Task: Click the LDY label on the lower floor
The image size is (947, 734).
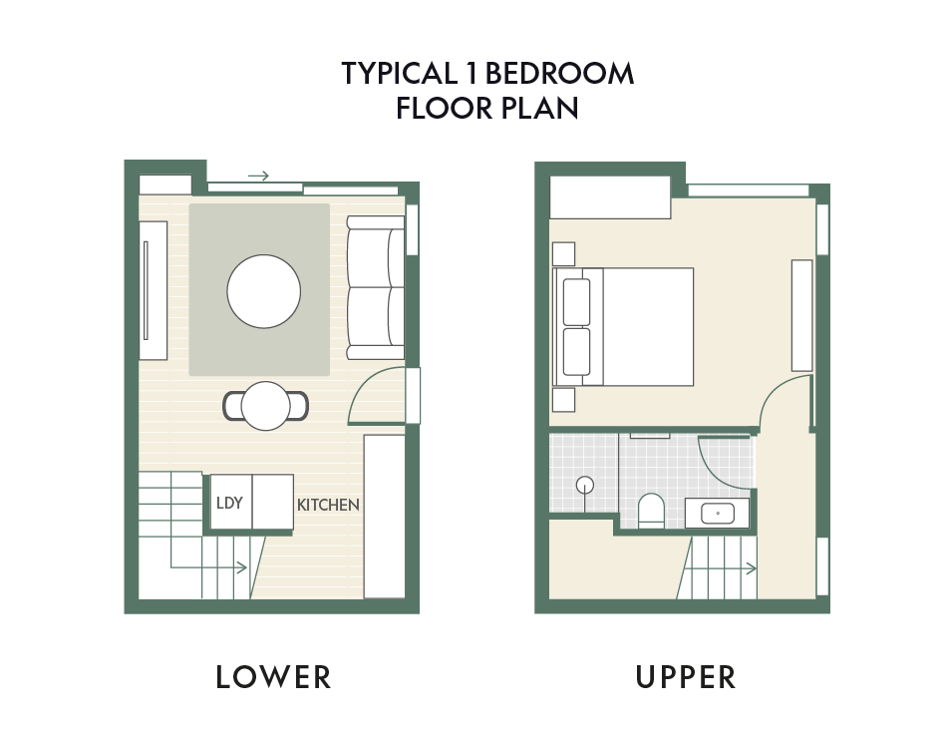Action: coord(229,503)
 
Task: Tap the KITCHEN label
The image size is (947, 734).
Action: coord(329,505)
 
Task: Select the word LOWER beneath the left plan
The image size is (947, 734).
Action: coord(273,676)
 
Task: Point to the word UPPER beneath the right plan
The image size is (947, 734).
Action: coord(686,676)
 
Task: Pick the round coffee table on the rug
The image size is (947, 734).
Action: coord(264,291)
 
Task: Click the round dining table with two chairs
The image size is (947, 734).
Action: coord(266,406)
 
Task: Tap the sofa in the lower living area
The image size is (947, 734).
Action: coord(376,288)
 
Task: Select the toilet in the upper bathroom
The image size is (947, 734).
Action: coord(651,511)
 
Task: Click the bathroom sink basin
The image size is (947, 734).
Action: coord(718,514)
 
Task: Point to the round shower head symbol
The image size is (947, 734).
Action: coord(584,485)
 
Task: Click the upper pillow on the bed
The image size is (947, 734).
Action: coord(577,301)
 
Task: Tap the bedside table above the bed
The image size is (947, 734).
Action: coord(563,253)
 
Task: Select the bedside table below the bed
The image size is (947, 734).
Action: coord(563,400)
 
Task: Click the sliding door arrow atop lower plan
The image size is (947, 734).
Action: coord(258,176)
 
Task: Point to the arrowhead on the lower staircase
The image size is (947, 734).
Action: coord(242,567)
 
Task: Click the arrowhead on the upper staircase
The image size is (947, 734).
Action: coord(752,568)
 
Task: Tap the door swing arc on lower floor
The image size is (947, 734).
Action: coord(367,381)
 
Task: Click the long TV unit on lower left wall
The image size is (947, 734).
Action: coord(153,290)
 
